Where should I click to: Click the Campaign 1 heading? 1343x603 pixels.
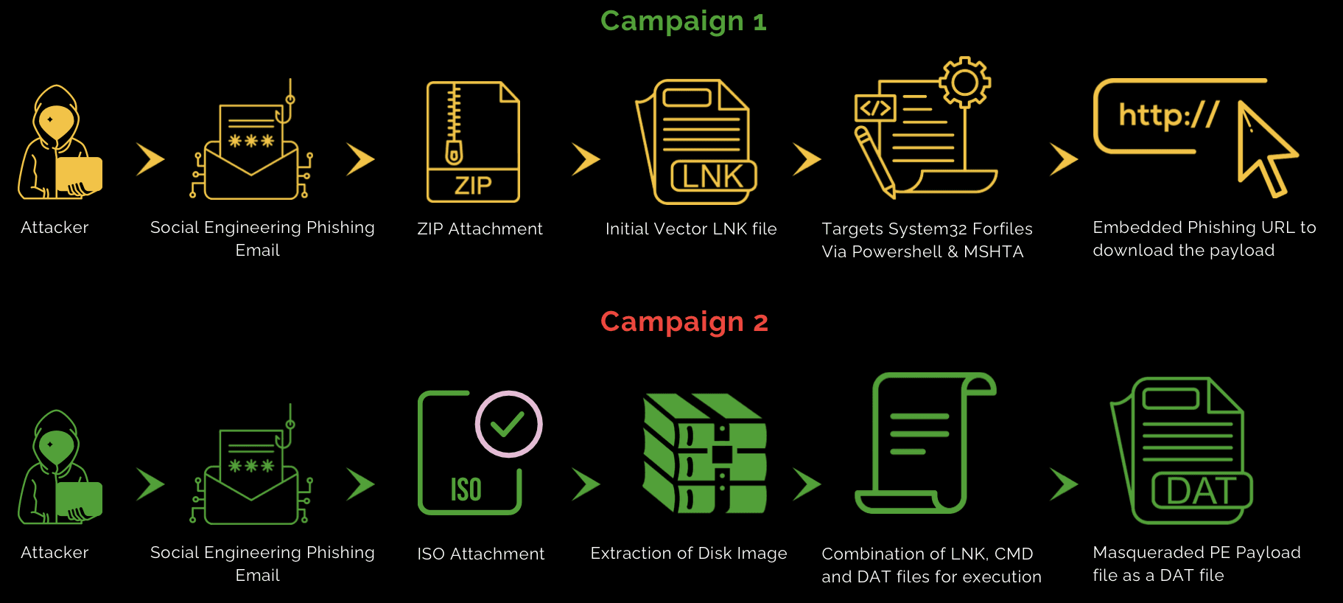(x=683, y=21)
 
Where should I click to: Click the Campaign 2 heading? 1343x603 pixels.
(x=684, y=322)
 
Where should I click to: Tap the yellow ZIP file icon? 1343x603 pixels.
(x=473, y=142)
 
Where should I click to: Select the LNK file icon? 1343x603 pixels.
(x=697, y=142)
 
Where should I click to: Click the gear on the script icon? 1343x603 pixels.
(x=964, y=82)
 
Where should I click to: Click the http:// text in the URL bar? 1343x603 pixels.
(x=1168, y=116)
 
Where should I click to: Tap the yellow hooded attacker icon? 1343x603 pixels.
(x=59, y=143)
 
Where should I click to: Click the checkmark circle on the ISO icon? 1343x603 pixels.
(x=508, y=424)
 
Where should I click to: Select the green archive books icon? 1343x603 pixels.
(x=704, y=453)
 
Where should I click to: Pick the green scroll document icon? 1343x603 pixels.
(x=925, y=443)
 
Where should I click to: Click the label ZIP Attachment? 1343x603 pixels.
(x=480, y=229)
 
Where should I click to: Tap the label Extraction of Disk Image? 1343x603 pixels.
(x=688, y=554)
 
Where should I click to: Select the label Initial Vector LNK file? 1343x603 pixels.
(x=690, y=229)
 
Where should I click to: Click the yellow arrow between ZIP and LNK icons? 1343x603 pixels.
(x=586, y=159)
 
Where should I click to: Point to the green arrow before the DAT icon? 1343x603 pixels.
(x=1063, y=484)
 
